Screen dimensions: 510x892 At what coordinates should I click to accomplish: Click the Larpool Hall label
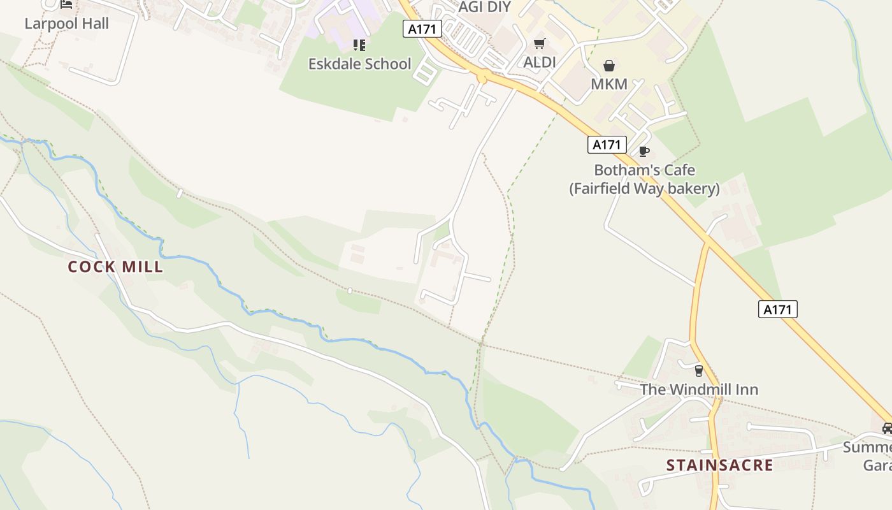66,24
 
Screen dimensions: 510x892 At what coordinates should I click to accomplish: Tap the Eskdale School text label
359,64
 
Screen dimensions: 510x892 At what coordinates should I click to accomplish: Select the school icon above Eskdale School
359,45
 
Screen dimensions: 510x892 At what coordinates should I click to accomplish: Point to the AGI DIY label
485,7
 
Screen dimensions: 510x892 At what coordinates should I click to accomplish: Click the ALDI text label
539,62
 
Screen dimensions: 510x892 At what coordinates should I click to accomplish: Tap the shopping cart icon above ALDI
539,43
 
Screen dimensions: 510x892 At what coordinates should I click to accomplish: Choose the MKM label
609,84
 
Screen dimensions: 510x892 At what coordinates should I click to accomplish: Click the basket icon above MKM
609,66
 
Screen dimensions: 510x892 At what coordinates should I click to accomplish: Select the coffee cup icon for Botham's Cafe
644,152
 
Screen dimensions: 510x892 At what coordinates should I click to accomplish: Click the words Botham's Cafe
644,170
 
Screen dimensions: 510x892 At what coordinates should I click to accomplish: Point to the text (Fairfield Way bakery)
644,189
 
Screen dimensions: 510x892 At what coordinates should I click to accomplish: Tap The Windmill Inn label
698,390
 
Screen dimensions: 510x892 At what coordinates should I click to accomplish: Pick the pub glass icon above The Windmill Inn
698,370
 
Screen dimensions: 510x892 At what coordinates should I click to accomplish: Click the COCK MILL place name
115,267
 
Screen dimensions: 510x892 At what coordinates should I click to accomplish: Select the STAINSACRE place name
719,465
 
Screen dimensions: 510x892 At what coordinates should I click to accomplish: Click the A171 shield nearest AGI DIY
422,28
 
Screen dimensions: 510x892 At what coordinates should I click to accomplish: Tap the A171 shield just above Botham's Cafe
607,145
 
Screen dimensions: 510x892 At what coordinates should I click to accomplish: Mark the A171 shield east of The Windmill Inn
777,310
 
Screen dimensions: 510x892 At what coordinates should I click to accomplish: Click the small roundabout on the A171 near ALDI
482,77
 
